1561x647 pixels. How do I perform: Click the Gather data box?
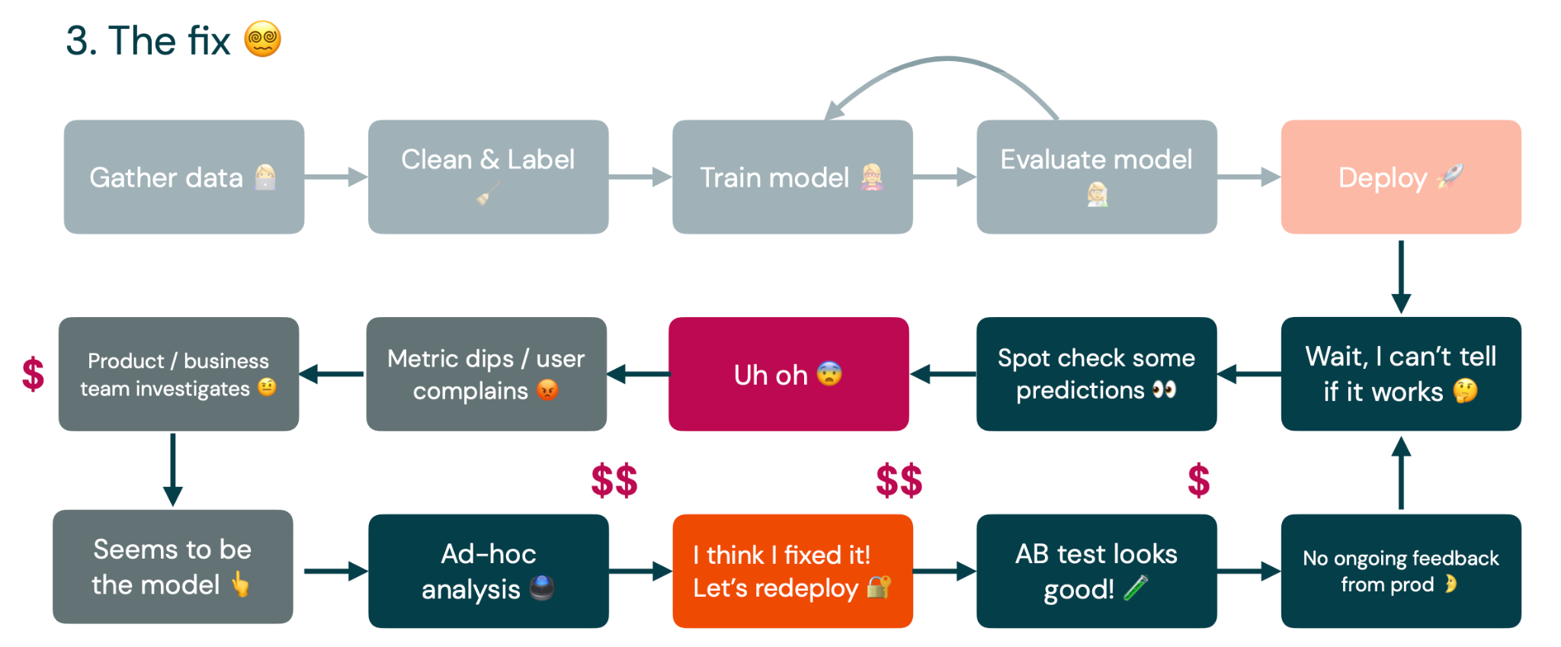coord(184,177)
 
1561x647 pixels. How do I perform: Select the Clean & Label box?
coord(488,177)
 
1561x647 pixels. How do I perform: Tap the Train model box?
coord(792,177)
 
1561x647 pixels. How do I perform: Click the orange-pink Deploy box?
coord(1401,177)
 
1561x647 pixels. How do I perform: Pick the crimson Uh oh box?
coord(788,374)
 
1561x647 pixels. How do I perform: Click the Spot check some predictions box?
coord(1096,374)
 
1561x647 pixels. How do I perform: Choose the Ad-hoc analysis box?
coord(488,571)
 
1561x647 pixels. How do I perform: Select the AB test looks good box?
coord(1096,571)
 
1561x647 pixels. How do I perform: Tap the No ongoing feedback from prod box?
coord(1401,571)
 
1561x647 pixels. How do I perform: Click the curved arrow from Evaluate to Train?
coord(945,59)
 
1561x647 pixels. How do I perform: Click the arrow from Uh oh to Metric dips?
coord(638,374)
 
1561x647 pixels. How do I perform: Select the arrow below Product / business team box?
coord(173,469)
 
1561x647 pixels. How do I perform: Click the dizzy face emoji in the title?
coord(263,39)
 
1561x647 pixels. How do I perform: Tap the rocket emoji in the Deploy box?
coord(1450,177)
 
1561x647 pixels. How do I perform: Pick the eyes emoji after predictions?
coord(1164,390)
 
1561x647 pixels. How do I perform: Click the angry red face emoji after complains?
coord(547,390)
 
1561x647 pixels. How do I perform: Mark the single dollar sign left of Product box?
coord(33,374)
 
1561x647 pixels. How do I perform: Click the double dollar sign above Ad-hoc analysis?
coord(614,481)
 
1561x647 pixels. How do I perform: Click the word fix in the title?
coord(209,40)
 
